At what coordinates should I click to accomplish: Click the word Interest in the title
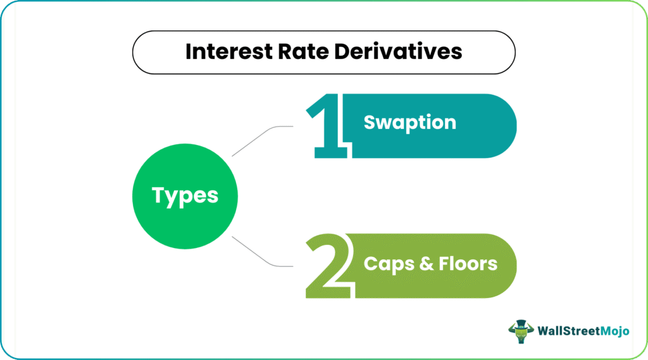tap(229, 52)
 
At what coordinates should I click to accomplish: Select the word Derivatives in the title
tap(398, 52)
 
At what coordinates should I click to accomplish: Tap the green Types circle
tap(185, 196)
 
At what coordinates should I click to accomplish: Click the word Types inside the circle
tap(185, 196)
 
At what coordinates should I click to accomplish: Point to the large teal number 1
tap(327, 126)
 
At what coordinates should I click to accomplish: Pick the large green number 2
tap(328, 266)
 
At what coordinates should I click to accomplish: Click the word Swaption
tap(410, 123)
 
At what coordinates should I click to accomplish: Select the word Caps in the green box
tap(389, 264)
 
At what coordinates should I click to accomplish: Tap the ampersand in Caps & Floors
tap(427, 264)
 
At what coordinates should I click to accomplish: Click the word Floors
tap(468, 264)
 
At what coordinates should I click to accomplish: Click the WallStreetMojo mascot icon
tap(521, 332)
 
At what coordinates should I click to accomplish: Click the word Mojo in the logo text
tap(614, 331)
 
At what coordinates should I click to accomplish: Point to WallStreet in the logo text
tap(569, 331)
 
